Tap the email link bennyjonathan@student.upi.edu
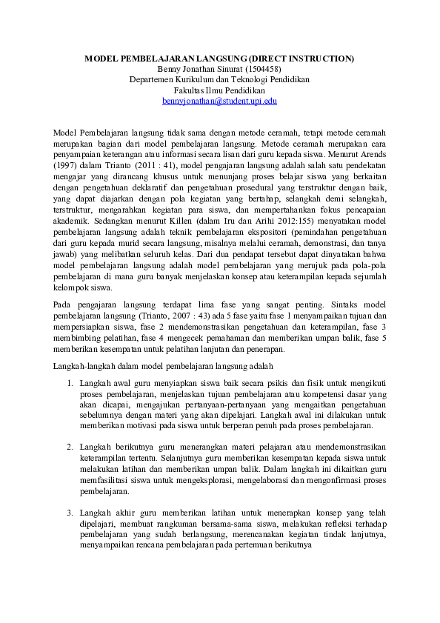(x=219, y=99)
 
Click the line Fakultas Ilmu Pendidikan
(x=219, y=89)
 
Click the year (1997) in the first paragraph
(x=64, y=167)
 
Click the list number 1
(x=69, y=383)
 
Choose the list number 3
(x=69, y=513)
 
